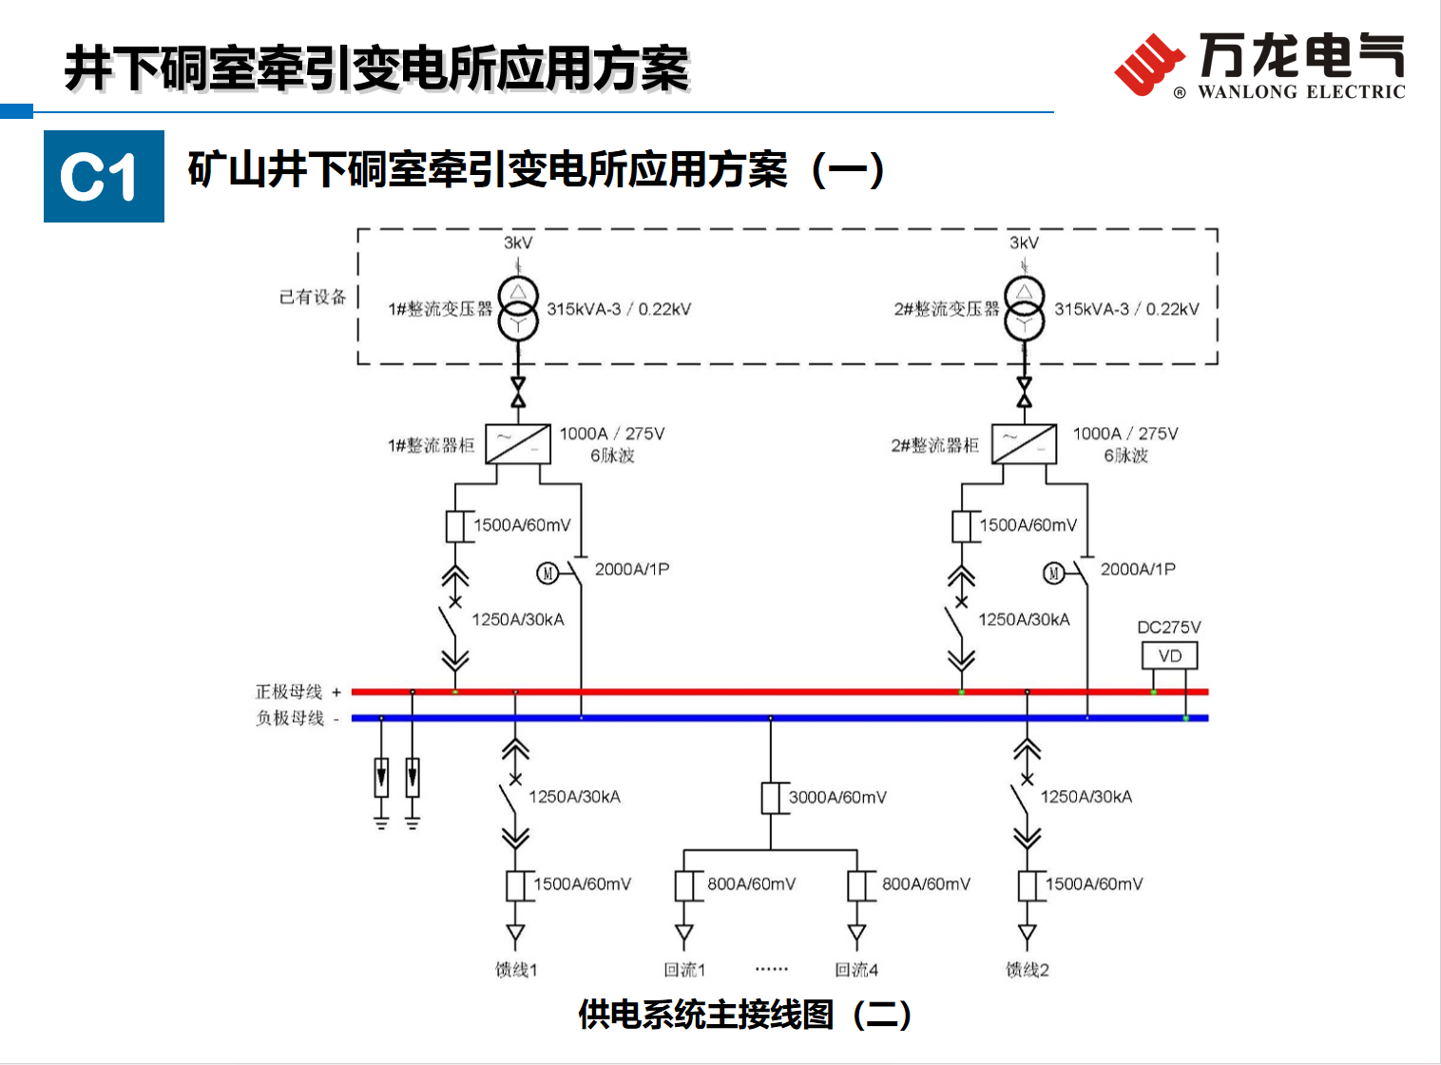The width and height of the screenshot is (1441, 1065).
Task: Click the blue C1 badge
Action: click(104, 176)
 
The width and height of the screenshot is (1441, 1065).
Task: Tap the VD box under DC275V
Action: click(1169, 655)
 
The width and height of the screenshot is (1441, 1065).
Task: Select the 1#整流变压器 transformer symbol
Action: click(518, 308)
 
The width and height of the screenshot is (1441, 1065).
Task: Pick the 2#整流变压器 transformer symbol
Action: click(1024, 308)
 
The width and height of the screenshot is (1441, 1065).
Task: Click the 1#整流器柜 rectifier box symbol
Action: click(518, 444)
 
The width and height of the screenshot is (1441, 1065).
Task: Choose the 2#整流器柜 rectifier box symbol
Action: click(1024, 444)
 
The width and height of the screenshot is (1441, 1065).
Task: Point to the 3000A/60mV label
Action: click(837, 797)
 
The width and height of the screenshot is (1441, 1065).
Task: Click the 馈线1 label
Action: click(516, 969)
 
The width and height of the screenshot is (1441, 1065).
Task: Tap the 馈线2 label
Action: click(1028, 969)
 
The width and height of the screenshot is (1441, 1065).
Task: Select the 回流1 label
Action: click(684, 969)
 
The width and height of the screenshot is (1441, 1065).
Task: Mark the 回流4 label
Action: click(856, 969)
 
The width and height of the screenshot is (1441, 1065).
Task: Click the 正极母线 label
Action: click(289, 691)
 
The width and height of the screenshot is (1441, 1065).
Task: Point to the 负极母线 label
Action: click(290, 718)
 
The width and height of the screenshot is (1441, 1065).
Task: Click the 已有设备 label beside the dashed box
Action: click(313, 297)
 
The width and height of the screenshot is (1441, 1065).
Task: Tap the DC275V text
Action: click(1169, 628)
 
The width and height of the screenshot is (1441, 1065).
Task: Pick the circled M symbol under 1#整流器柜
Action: click(548, 572)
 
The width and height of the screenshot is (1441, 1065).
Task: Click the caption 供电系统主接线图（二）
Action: click(744, 1015)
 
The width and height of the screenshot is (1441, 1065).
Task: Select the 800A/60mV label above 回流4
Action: click(926, 883)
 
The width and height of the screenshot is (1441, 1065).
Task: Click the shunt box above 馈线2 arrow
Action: click(1028, 885)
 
